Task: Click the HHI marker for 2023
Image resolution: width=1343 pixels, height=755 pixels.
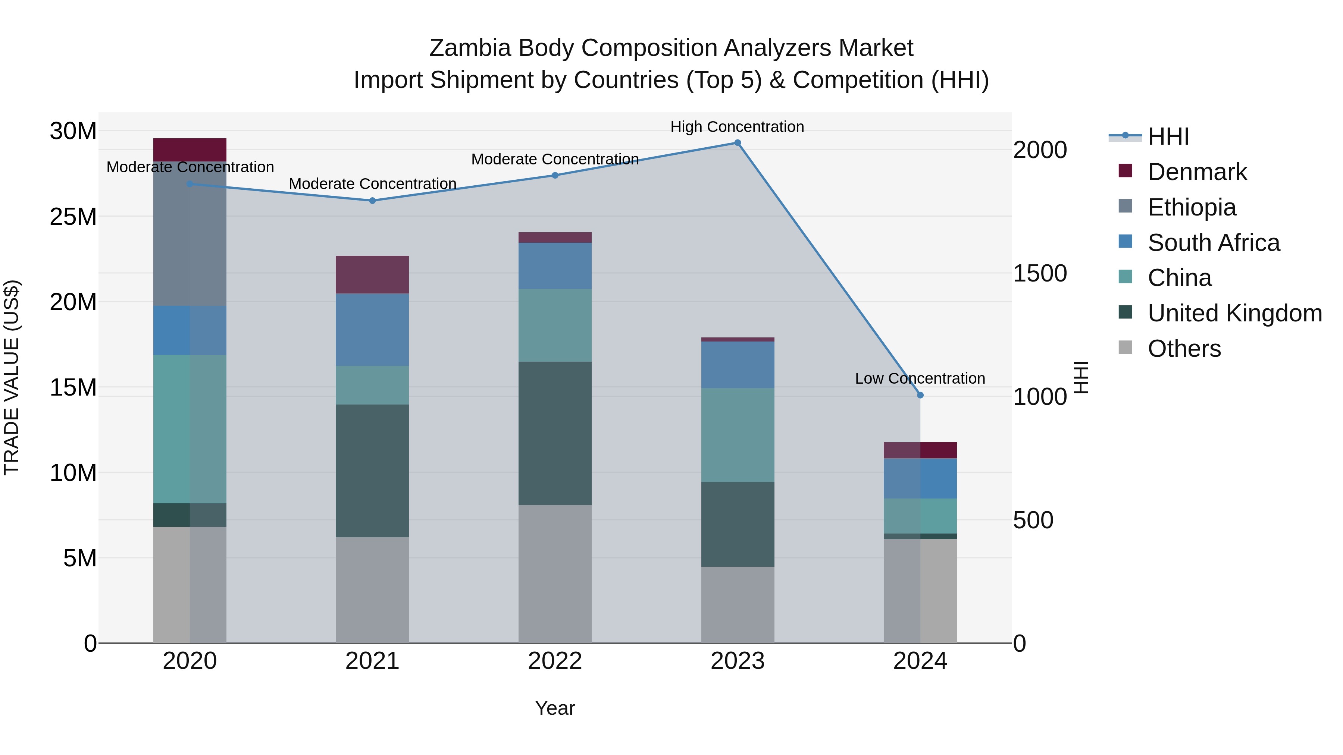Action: point(737,143)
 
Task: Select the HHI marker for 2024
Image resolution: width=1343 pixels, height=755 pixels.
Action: point(920,395)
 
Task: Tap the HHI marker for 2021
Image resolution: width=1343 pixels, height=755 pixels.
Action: point(372,201)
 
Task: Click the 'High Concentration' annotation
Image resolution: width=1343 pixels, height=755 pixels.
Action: point(737,127)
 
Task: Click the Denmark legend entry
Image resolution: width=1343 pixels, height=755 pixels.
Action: point(1197,172)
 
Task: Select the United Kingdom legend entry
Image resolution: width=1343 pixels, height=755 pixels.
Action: point(1234,313)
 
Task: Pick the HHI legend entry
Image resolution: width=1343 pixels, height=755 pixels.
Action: point(1168,136)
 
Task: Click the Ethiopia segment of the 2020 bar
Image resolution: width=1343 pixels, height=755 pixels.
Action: point(190,235)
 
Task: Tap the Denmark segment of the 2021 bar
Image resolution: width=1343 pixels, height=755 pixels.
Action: point(372,274)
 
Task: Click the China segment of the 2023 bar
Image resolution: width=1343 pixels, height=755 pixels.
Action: point(737,435)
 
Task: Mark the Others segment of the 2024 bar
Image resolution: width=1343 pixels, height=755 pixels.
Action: point(920,591)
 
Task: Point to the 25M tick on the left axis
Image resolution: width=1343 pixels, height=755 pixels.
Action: point(73,217)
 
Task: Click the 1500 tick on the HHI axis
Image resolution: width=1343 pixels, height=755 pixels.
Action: point(1040,274)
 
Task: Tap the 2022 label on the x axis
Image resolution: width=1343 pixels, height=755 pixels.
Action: point(555,661)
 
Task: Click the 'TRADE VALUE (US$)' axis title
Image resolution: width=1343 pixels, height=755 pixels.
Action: point(12,377)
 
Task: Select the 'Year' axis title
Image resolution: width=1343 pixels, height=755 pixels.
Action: point(555,708)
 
